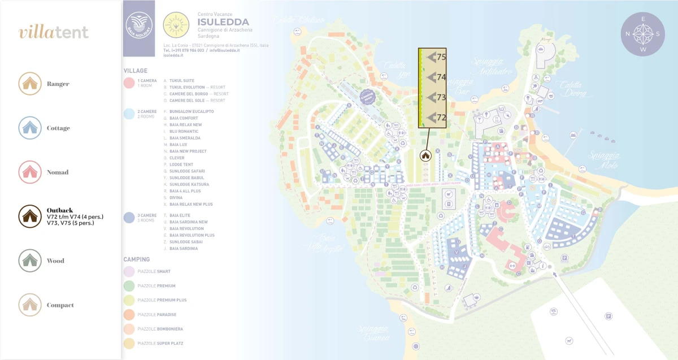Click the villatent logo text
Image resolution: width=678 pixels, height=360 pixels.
[54, 32]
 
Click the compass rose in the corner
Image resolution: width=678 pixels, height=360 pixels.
[643, 34]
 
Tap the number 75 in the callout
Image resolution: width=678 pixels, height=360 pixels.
[441, 57]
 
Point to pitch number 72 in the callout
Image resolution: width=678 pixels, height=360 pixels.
[441, 118]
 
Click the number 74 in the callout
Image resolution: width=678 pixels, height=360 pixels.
[441, 77]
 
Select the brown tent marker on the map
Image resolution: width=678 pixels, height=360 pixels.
[425, 155]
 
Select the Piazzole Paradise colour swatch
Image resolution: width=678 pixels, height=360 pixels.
[129, 314]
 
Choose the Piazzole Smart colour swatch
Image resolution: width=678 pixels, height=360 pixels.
[129, 271]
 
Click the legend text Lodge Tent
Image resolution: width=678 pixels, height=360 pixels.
[181, 164]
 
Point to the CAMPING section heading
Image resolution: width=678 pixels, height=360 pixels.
[137, 259]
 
